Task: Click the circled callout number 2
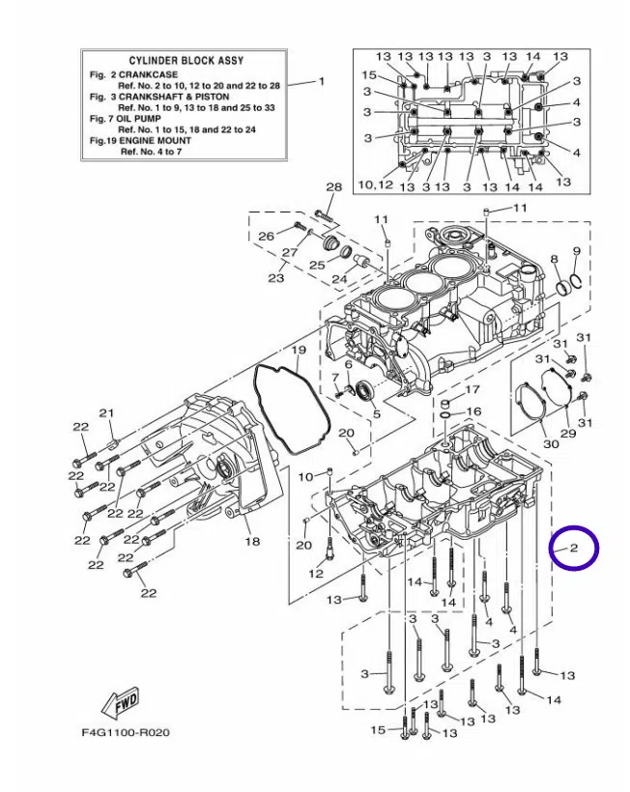click(x=574, y=548)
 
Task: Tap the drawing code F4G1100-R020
click(x=126, y=732)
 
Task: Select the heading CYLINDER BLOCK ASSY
click(x=186, y=61)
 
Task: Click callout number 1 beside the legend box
click(x=322, y=81)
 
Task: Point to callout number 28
click(x=334, y=186)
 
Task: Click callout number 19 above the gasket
click(x=299, y=350)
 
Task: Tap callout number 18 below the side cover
click(x=252, y=542)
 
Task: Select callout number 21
click(x=106, y=413)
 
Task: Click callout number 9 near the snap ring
click(x=577, y=251)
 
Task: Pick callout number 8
click(x=555, y=260)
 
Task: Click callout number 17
click(x=472, y=389)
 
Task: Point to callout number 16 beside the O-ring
click(x=473, y=411)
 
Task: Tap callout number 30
click(x=551, y=443)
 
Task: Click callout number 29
click(x=568, y=433)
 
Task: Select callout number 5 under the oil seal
click(x=377, y=414)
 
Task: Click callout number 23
click(x=275, y=277)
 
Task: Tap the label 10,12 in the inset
click(x=375, y=184)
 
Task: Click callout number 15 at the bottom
click(x=379, y=730)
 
